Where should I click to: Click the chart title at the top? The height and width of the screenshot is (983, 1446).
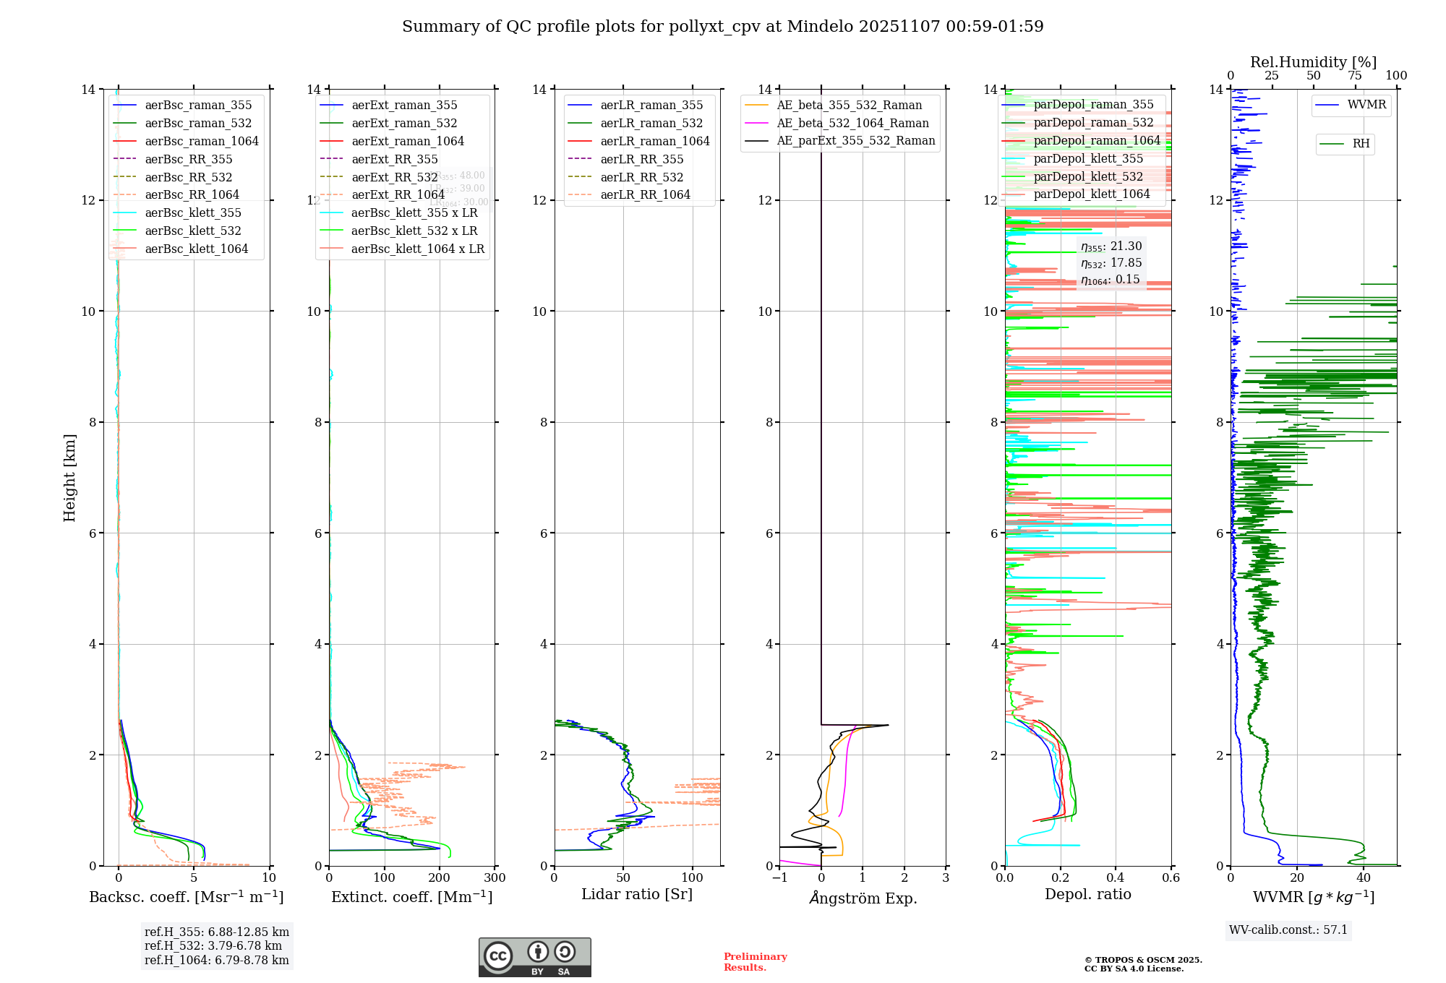click(x=722, y=27)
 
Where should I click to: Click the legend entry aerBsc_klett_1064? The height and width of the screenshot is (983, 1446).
click(x=196, y=249)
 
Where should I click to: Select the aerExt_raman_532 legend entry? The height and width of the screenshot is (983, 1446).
click(x=404, y=124)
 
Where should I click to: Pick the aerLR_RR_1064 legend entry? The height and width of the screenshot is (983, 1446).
click(x=645, y=194)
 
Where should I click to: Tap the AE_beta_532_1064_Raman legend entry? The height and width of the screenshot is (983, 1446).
click(x=852, y=124)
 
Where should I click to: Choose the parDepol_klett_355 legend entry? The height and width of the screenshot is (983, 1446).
click(x=1088, y=159)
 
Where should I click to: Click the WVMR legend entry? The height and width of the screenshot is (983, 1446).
click(x=1366, y=105)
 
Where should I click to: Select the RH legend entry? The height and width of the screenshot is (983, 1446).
click(x=1361, y=144)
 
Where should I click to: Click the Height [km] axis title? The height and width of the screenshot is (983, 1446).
click(x=69, y=477)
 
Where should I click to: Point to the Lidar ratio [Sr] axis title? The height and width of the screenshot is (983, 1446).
click(x=637, y=894)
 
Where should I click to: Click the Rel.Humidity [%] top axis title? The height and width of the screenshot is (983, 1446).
click(x=1313, y=62)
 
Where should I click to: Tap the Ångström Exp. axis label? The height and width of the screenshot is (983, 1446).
click(x=863, y=898)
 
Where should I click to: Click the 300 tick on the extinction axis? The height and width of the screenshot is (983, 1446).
click(x=495, y=878)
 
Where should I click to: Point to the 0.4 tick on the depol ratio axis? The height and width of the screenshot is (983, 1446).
click(x=1116, y=878)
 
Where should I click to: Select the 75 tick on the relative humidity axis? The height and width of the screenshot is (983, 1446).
click(x=1355, y=76)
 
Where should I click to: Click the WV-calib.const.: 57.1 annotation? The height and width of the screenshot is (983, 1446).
click(x=1288, y=930)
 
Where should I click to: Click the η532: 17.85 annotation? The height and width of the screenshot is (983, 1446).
click(x=1111, y=263)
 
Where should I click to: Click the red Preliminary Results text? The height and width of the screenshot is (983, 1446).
click(x=755, y=962)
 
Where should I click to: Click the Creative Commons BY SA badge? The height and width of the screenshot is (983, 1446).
click(x=534, y=957)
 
